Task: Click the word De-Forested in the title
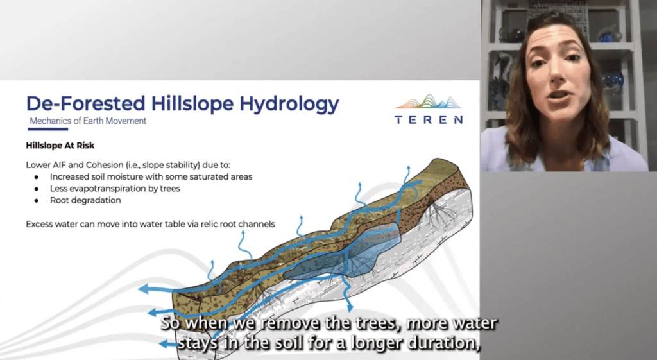86,103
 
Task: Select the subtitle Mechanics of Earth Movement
88,121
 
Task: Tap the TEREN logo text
429,120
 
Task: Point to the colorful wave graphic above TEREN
428,102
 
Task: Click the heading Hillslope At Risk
60,146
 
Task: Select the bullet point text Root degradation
85,200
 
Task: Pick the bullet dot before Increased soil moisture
37,177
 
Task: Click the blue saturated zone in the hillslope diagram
348,255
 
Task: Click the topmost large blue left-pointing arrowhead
144,289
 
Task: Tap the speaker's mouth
559,96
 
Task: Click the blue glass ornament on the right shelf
613,80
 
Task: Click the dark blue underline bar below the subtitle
47,128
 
